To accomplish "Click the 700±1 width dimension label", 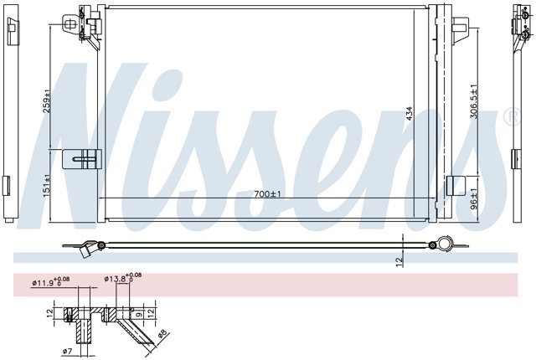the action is (x=267, y=194).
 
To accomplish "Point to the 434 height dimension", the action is (x=410, y=113).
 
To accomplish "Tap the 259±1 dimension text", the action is (x=47, y=101).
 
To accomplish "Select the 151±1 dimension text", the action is (x=47, y=186).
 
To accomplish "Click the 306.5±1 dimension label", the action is (x=474, y=101).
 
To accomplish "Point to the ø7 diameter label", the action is (x=68, y=351).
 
